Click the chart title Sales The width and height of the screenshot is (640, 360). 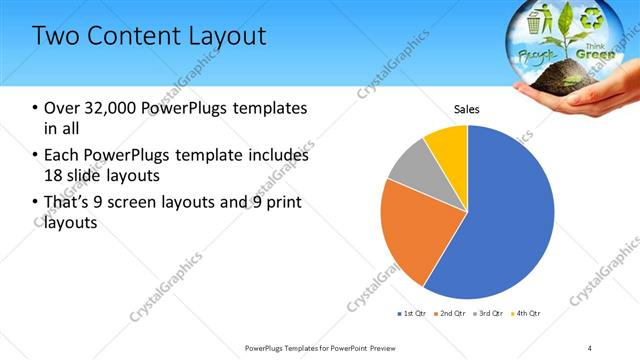[x=467, y=108]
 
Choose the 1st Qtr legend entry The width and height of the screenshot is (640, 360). [x=414, y=313]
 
